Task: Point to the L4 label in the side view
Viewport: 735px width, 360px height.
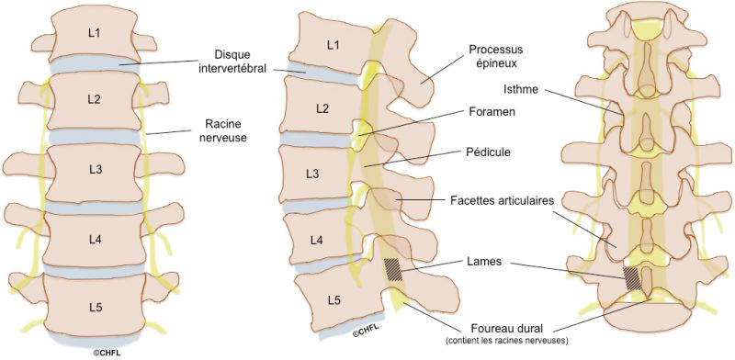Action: [x=316, y=241]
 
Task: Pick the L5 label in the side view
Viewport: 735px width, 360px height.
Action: [x=333, y=300]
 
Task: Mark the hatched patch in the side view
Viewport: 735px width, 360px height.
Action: [x=393, y=268]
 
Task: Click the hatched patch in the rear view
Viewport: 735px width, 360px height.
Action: [x=633, y=276]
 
